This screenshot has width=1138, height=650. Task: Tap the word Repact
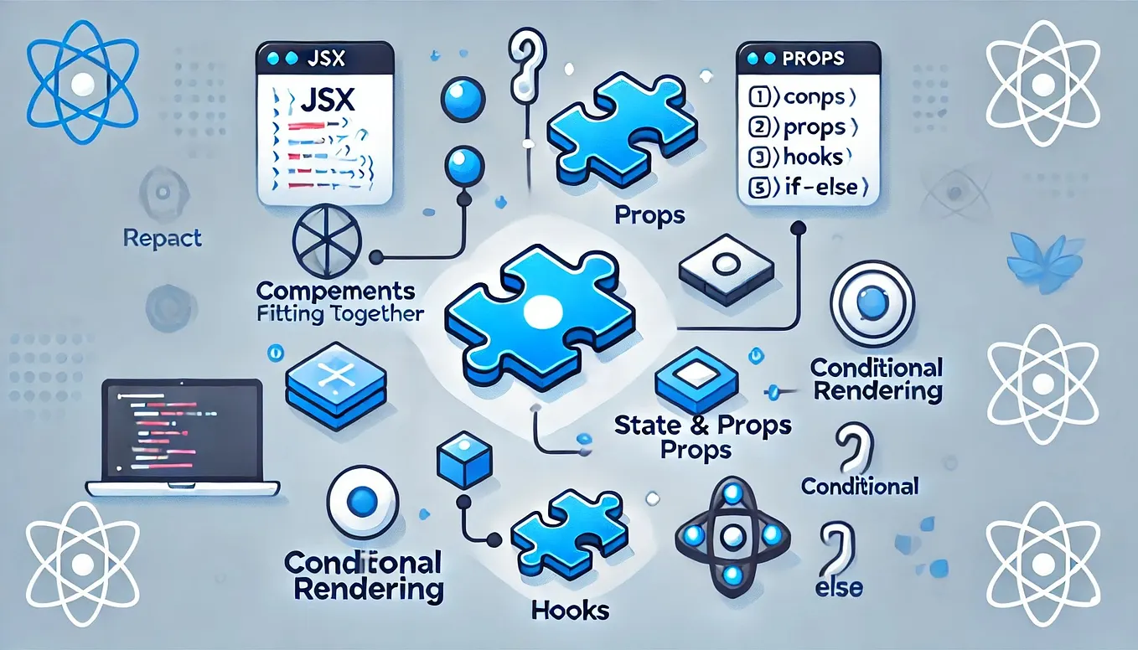click(163, 239)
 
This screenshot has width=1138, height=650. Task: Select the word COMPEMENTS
click(336, 292)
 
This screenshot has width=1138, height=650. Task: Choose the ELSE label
click(839, 587)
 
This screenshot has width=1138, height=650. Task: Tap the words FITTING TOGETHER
click(340, 314)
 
